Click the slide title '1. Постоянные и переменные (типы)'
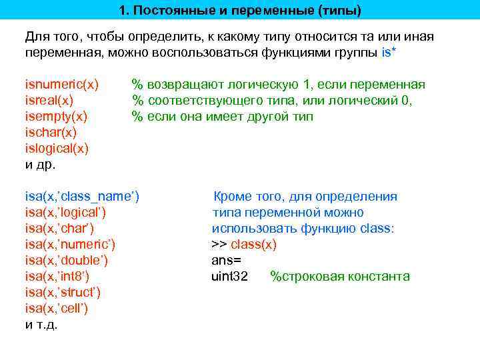pyautogui.click(x=240, y=11)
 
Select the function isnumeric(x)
pyautogui.click(x=61, y=85)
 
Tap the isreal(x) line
pyautogui.click(x=49, y=101)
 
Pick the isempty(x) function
pyautogui.click(x=56, y=117)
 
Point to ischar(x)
pyautogui.click(x=51, y=133)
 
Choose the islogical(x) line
pyautogui.click(x=57, y=149)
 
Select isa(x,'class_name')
pyautogui.click(x=82, y=197)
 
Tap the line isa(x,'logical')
pyautogui.click(x=65, y=213)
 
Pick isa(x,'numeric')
pyautogui.click(x=70, y=245)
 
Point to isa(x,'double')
pyautogui.click(x=67, y=261)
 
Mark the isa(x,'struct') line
pyautogui.click(x=63, y=293)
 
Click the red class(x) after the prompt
pyautogui.click(x=253, y=245)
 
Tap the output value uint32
pyautogui.click(x=229, y=277)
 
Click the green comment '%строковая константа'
pyautogui.click(x=340, y=277)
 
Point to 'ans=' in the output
pyautogui.click(x=226, y=261)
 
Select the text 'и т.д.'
pyautogui.click(x=41, y=325)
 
